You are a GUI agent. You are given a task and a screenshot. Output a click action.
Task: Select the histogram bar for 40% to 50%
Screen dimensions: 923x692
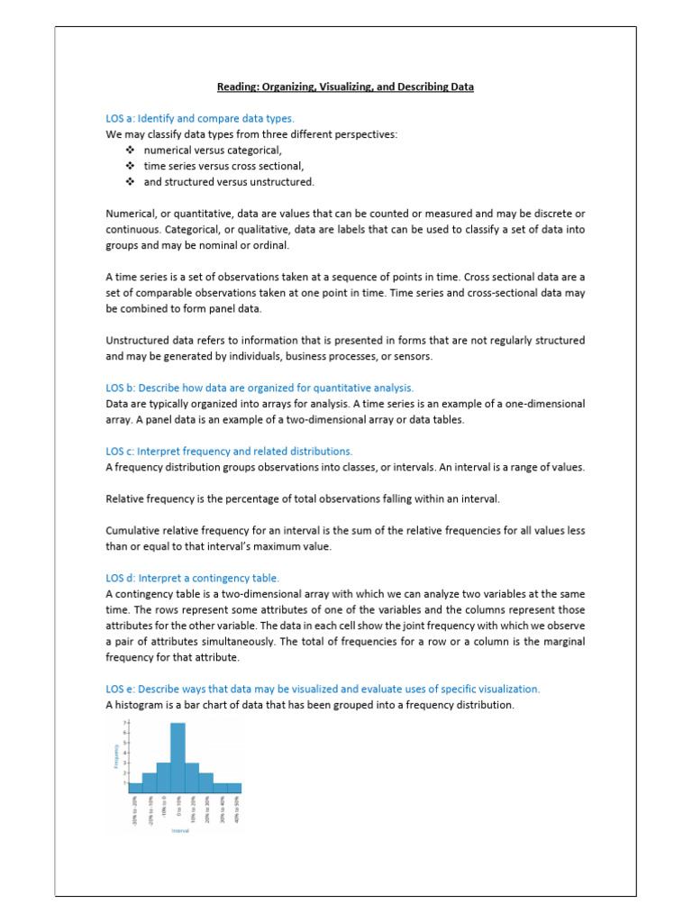pos(234,788)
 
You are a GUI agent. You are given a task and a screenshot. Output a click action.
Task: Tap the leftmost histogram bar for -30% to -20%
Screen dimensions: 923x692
pos(135,788)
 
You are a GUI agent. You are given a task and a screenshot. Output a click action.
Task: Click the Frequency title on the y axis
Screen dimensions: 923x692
pos(116,755)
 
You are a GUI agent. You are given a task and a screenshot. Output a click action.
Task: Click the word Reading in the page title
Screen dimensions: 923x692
pos(237,87)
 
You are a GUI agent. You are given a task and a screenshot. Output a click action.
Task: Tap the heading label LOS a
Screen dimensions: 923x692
pos(121,118)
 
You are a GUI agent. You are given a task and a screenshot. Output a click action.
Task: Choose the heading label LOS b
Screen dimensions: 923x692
pos(121,388)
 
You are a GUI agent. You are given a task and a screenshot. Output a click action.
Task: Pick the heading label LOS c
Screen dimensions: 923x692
pos(121,451)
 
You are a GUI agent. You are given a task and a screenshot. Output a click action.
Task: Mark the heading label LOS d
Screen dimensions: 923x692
pos(121,578)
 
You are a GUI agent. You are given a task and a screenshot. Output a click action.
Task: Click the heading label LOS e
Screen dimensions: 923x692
pos(121,689)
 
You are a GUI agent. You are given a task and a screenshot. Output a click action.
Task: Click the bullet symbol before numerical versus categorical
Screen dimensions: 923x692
pos(131,151)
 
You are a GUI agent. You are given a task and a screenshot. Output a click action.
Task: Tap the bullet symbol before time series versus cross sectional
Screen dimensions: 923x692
pos(131,166)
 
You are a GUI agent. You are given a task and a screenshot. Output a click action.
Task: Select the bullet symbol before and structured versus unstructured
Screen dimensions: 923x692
pos(131,182)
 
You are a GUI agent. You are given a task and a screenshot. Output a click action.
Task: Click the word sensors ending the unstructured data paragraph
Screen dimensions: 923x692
pos(413,356)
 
